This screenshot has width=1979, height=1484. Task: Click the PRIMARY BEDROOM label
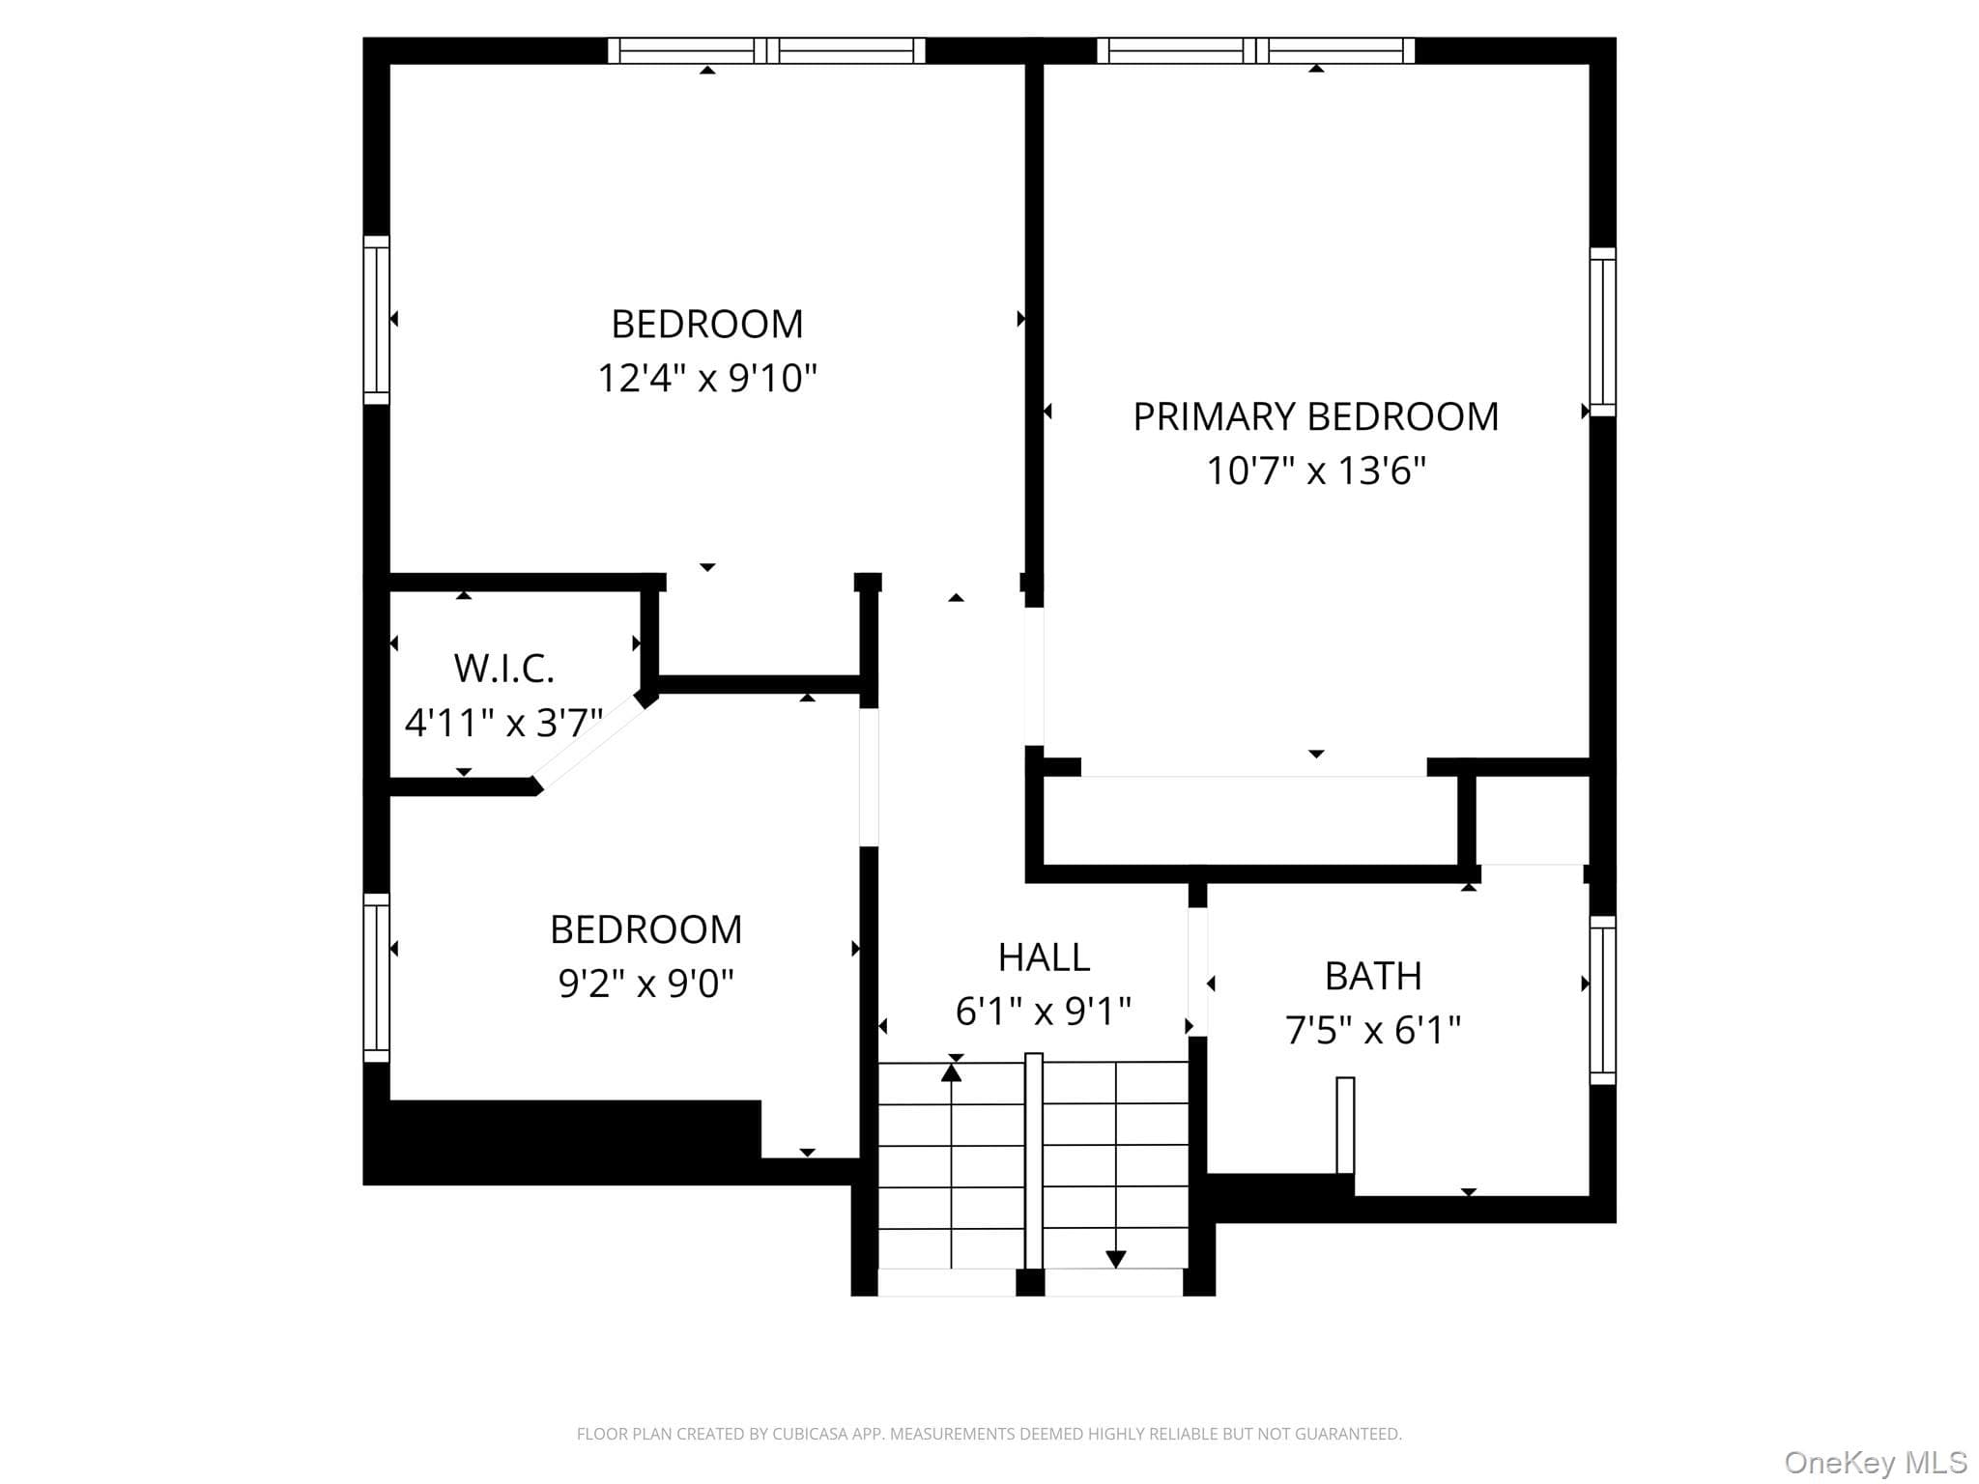1315,416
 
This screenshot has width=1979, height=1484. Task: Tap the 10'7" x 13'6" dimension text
1316,471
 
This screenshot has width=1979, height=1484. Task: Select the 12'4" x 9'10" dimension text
707,378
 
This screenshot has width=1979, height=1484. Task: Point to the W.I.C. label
504,668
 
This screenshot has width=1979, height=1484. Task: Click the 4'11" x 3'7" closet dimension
503,722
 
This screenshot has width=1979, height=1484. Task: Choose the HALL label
1044,957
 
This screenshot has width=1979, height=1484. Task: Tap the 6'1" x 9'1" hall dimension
1044,1012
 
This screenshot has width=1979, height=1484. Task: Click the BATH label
1373,976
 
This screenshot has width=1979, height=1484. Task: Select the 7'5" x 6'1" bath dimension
1373,1030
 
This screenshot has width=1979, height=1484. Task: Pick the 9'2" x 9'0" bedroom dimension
646,984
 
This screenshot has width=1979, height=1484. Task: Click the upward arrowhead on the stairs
952,1071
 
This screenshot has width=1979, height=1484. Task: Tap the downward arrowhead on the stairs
1116,1259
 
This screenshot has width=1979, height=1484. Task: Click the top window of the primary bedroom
1255,50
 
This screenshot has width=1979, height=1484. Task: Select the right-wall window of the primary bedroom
1603,332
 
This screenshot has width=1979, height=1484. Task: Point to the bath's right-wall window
1603,1000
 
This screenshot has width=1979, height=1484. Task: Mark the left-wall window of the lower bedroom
377,978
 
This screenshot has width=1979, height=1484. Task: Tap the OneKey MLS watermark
1876,1462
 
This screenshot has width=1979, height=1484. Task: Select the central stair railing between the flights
1034,1160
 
